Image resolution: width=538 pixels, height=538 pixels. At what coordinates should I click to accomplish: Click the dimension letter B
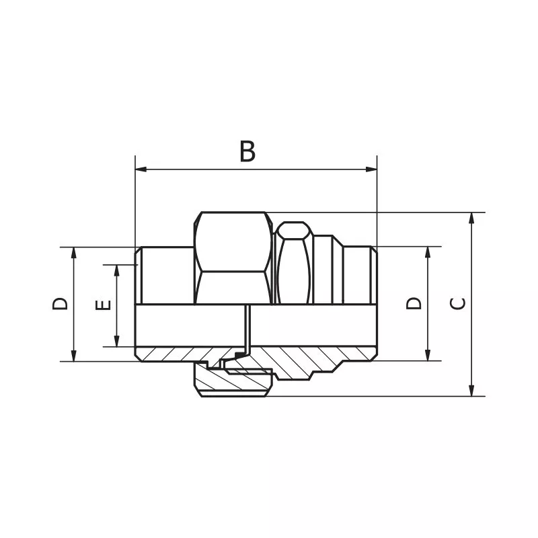pyautogui.click(x=247, y=152)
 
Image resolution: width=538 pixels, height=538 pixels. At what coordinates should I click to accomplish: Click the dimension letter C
pyautogui.click(x=457, y=303)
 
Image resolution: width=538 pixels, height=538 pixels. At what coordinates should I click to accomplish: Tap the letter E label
pyautogui.click(x=103, y=305)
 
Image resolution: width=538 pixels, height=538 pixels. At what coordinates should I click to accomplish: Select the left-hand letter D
pyautogui.click(x=61, y=303)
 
